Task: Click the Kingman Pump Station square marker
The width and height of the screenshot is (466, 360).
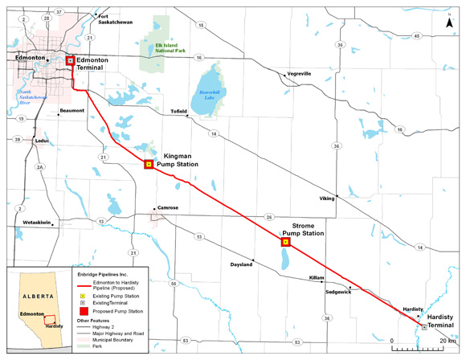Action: point(148,165)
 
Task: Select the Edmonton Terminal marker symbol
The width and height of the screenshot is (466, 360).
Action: point(70,61)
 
